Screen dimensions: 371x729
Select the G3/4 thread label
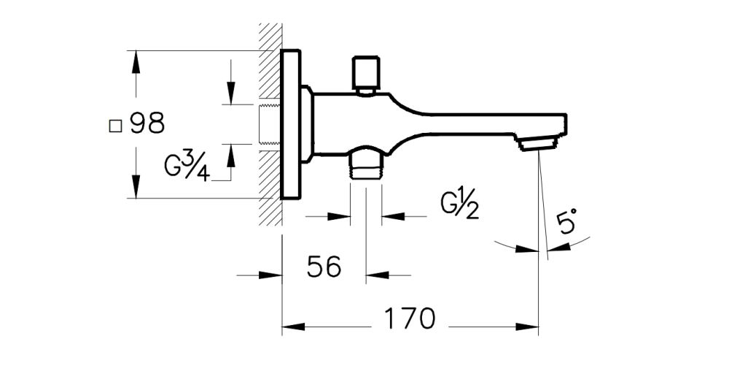coord(187,167)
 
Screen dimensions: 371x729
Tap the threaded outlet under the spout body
coord(366,165)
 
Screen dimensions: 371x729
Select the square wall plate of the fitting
coord(291,124)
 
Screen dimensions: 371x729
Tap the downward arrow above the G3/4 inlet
coord(230,93)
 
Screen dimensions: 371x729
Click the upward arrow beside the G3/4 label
coord(230,153)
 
